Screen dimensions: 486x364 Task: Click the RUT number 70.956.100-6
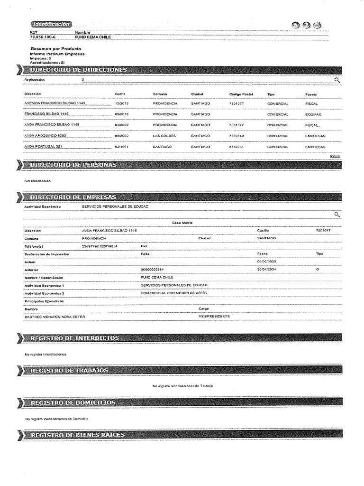click(42, 36)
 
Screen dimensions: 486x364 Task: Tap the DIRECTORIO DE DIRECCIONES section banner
click(78, 70)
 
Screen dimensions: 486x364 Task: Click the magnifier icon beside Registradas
click(337, 80)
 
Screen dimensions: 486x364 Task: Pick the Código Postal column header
click(241, 94)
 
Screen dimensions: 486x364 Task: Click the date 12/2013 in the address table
click(122, 103)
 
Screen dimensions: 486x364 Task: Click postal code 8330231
click(237, 147)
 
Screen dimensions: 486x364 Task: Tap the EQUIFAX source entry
click(314, 114)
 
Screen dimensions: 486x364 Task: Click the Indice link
click(335, 156)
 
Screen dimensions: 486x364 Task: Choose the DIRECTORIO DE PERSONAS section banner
click(73, 165)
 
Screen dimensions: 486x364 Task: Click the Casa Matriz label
click(182, 222)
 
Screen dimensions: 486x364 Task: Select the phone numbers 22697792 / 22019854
click(100, 246)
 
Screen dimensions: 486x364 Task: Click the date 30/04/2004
click(266, 269)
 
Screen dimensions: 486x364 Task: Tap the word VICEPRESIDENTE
click(214, 316)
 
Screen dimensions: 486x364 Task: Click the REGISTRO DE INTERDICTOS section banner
click(74, 338)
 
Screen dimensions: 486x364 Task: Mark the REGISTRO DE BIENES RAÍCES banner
click(77, 435)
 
